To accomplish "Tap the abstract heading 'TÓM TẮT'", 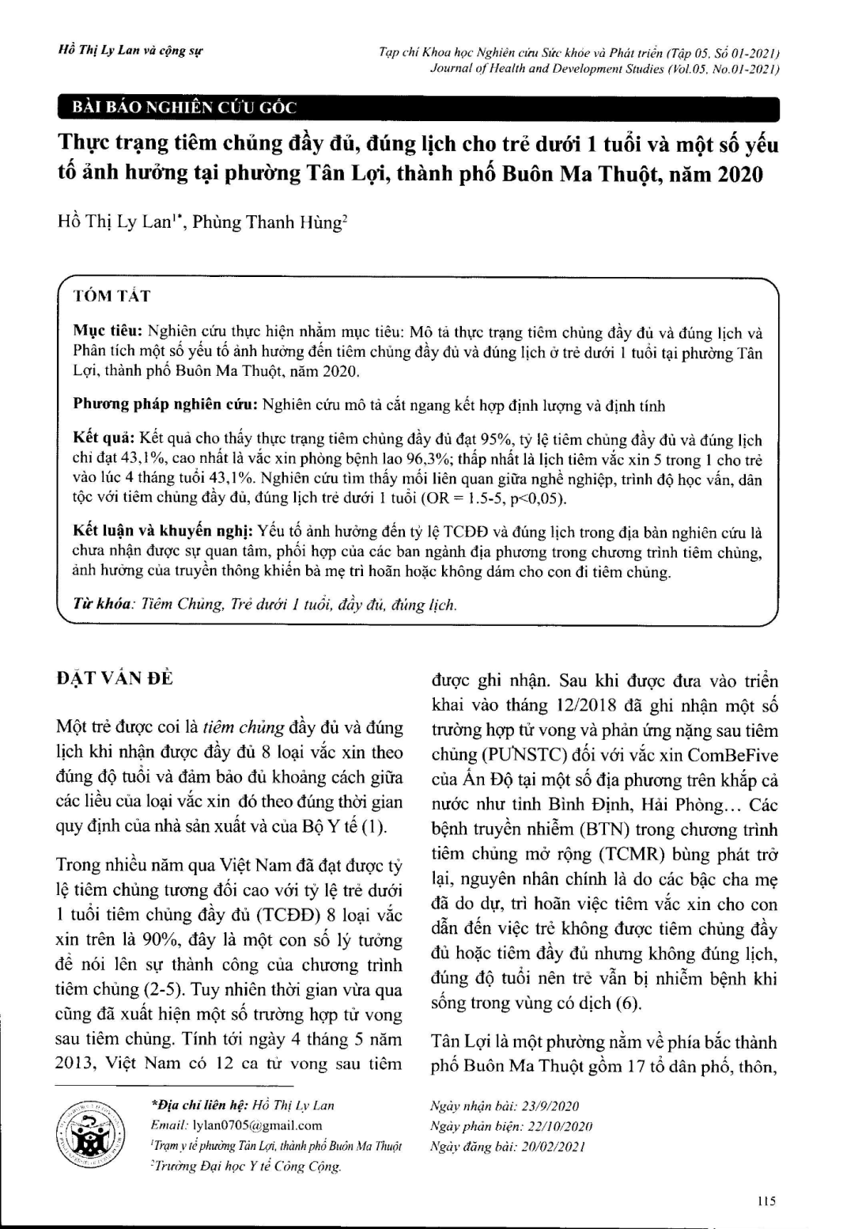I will [x=112, y=296].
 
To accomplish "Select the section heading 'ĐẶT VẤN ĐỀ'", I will [x=115, y=677].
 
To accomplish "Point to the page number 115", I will [x=766, y=1201].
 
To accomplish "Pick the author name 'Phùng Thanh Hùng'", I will [x=267, y=222].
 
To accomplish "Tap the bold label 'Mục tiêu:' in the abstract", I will [x=108, y=332].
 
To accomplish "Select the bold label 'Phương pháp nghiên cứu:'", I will [x=165, y=405].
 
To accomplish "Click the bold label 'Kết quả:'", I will [x=104, y=440].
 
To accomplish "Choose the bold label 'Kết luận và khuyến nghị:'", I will [x=162, y=532].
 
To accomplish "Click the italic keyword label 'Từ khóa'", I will [x=101, y=605].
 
